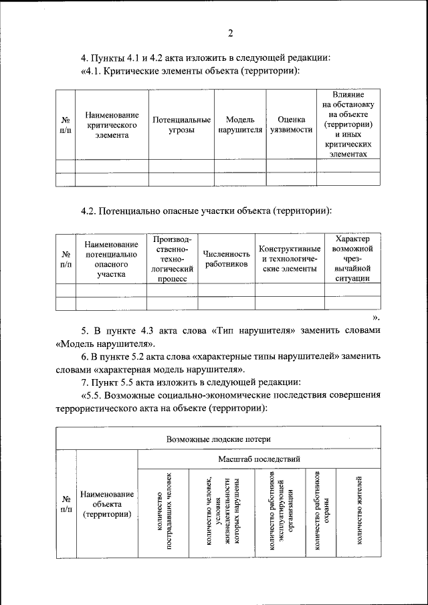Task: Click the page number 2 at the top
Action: pos(230,34)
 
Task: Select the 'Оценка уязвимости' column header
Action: pos(291,125)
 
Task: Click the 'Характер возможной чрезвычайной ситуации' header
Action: pos(352,259)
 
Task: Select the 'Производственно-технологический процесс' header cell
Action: pos(172,259)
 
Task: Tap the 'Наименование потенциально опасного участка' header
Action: pos(111,259)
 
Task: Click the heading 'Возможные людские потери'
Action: pos(217,439)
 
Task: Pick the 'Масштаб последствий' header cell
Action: pos(259,459)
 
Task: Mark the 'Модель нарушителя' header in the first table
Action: pos(240,125)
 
